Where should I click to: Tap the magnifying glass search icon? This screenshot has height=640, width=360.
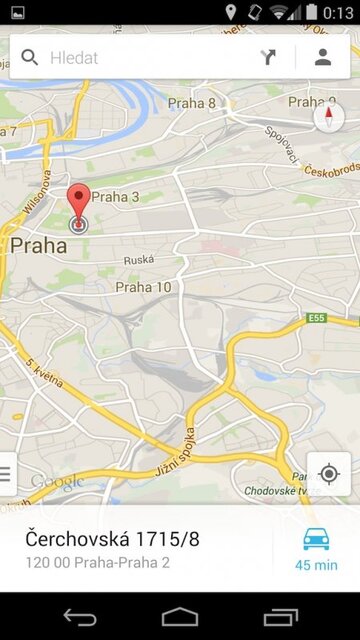[30, 58]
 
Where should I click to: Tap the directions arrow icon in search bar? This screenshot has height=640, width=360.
[269, 57]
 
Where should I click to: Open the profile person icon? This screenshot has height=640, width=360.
[322, 57]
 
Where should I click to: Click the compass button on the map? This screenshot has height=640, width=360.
[328, 117]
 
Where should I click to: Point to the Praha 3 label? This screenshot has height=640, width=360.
[115, 197]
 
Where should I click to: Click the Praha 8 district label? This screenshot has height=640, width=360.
[191, 103]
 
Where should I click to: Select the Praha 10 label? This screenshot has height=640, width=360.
[143, 287]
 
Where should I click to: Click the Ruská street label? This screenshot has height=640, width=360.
[138, 260]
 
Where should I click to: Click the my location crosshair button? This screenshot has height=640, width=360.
[328, 473]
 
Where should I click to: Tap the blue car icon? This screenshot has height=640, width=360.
[316, 538]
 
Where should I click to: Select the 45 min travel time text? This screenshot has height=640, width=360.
[316, 565]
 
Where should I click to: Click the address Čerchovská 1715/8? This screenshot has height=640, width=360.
[112, 539]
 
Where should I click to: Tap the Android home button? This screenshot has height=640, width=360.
[180, 616]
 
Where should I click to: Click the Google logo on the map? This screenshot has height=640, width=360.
[57, 483]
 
